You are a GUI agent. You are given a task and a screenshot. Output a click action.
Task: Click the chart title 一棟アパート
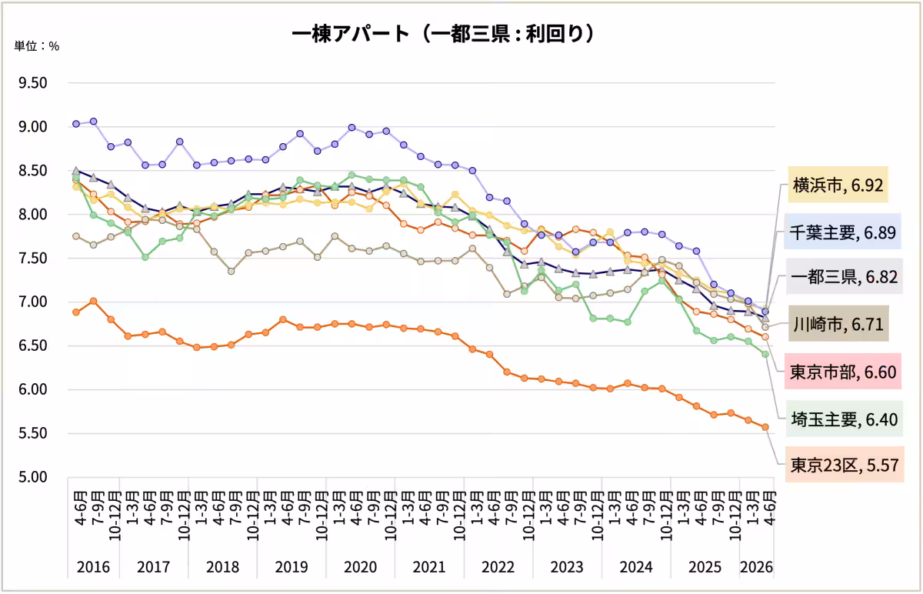(350, 34)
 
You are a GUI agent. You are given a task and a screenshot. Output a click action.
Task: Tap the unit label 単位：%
(37, 45)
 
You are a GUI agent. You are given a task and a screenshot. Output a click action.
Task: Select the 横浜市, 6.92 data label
(838, 185)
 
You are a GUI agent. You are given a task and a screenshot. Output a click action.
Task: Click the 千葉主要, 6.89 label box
(842, 232)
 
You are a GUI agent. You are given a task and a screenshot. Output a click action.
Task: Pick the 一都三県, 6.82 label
(845, 276)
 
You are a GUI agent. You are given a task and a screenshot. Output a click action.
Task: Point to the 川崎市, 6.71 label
(838, 324)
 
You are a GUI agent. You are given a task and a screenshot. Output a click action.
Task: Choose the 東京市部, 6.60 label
(843, 372)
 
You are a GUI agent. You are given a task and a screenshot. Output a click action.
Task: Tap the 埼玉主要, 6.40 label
(845, 419)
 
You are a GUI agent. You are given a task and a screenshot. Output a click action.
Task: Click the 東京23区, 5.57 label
(845, 465)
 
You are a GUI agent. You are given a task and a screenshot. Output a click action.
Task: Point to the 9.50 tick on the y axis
(33, 83)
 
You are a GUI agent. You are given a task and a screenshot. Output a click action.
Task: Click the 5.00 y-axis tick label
(33, 477)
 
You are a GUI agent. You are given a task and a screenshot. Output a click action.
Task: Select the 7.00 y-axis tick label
(33, 302)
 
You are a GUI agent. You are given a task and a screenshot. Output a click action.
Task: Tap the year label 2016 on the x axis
(94, 567)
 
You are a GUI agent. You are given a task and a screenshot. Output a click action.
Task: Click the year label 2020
(361, 567)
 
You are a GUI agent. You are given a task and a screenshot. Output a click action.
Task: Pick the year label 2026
(757, 567)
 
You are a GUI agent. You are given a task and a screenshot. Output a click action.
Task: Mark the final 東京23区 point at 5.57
(765, 427)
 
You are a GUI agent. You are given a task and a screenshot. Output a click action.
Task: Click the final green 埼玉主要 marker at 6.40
(765, 354)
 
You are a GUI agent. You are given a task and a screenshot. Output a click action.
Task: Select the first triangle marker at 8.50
(76, 170)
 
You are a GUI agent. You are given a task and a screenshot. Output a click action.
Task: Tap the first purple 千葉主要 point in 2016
(76, 124)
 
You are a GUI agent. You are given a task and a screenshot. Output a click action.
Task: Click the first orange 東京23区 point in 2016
(76, 312)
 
